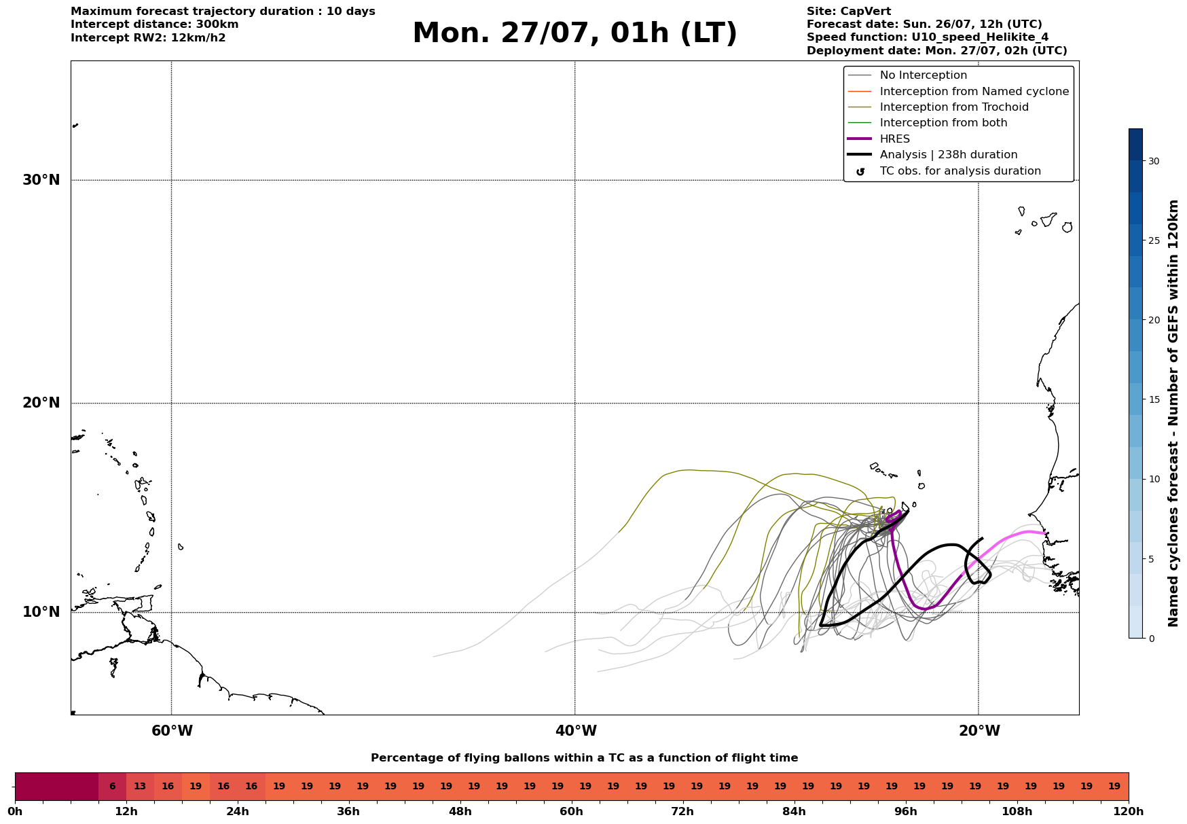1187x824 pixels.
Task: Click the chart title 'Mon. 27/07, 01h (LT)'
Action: [x=574, y=33]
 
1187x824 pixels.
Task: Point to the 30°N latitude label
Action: [x=41, y=180]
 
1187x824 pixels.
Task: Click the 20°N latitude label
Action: [x=41, y=403]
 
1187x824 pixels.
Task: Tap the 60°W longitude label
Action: [x=172, y=731]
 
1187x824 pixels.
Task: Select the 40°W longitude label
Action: [x=576, y=731]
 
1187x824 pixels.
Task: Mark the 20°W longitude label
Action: [x=979, y=731]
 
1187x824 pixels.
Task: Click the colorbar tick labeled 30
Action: [x=1154, y=161]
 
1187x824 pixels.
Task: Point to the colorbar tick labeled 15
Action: [x=1154, y=399]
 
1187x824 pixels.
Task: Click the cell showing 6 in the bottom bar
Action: [x=113, y=787]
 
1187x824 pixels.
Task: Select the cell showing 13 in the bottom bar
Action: [x=140, y=787]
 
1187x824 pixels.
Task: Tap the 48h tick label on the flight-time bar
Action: [x=460, y=812]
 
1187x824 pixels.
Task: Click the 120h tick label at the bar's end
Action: [x=1129, y=812]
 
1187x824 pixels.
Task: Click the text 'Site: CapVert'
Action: [x=849, y=12]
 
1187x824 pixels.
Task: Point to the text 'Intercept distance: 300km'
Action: [x=155, y=24]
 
